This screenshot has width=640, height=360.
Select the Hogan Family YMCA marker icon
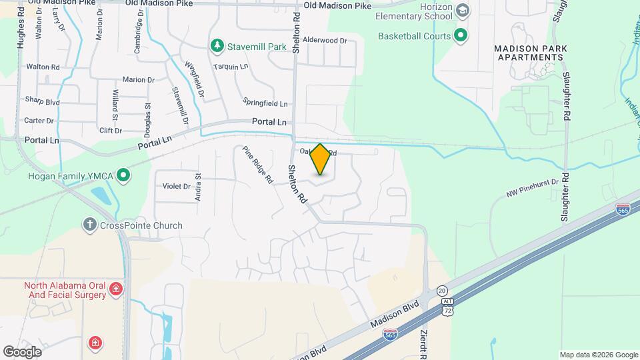point(123,176)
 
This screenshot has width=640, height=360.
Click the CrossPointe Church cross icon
point(90,225)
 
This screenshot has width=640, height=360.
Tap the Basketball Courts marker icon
point(461,35)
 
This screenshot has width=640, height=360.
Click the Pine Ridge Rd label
point(258,165)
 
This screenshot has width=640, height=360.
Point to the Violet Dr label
point(176,187)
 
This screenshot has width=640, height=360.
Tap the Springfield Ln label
point(265,104)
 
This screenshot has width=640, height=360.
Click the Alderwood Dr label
point(325,40)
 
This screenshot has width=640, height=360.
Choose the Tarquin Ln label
point(231,67)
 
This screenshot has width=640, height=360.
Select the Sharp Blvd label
point(43,102)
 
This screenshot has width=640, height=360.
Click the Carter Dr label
point(39,121)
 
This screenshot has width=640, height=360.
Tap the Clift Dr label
point(110,131)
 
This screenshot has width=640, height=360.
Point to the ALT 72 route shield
point(448,307)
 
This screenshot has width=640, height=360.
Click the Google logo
point(22,351)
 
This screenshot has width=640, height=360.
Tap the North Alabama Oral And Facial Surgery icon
point(116,289)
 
